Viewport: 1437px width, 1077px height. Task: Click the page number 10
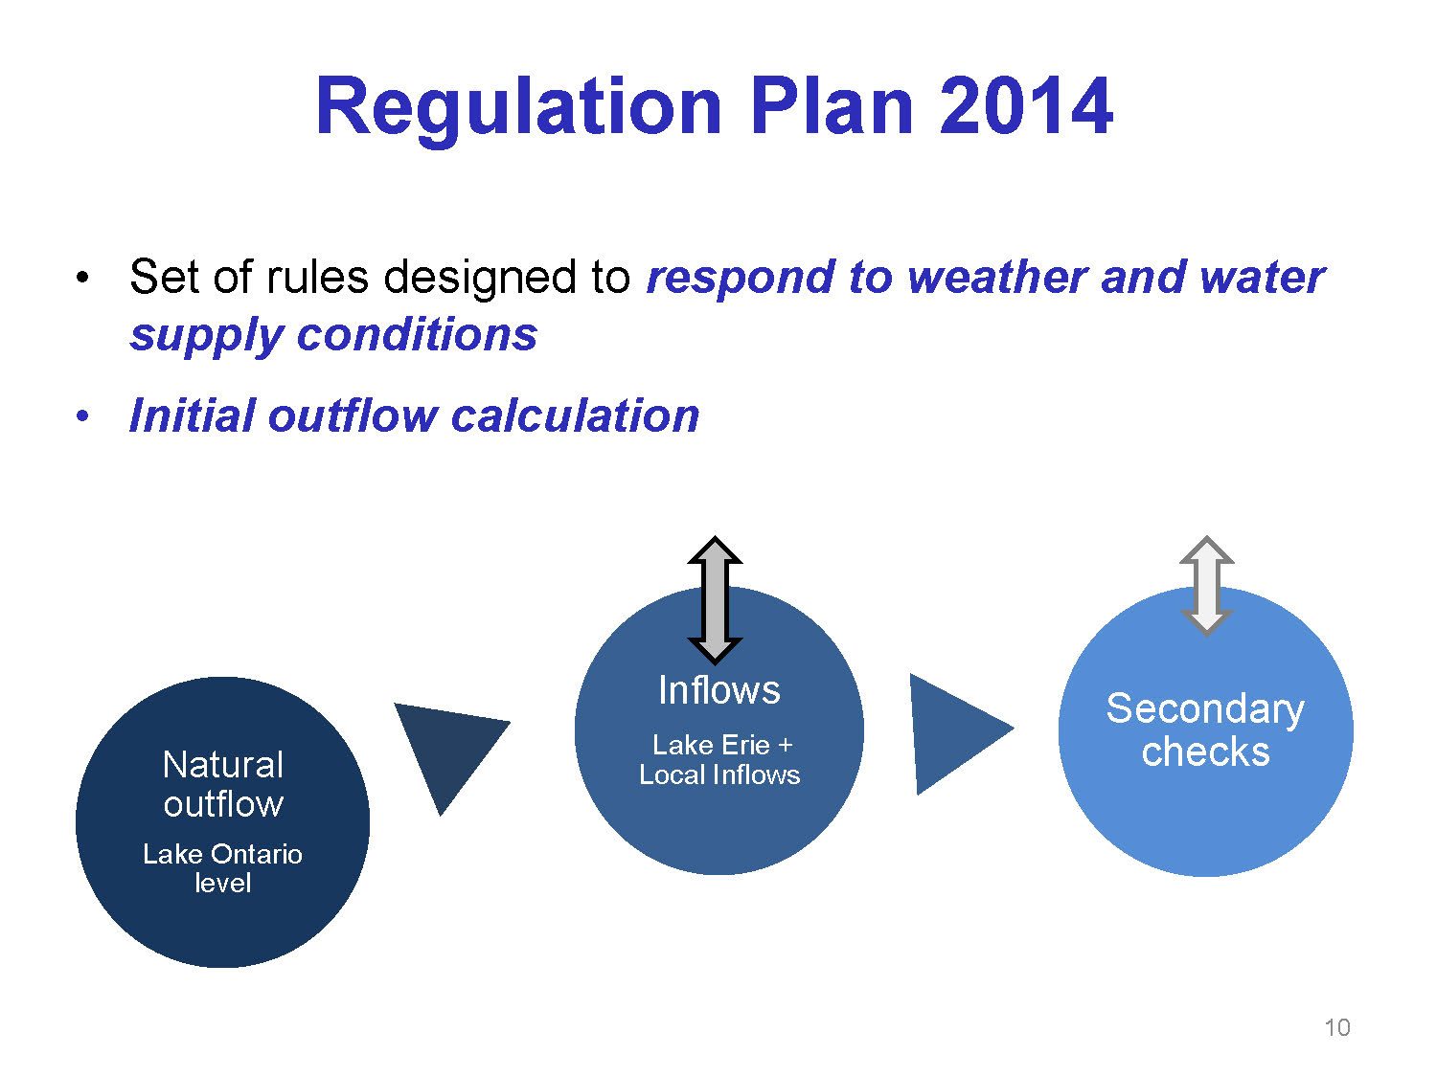[x=1336, y=1027]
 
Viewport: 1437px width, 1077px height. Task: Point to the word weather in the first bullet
[x=997, y=278]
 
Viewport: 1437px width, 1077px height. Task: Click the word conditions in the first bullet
[x=417, y=335]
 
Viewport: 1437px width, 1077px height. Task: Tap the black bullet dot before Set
[x=81, y=278]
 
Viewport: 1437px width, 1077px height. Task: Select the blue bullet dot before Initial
[x=81, y=415]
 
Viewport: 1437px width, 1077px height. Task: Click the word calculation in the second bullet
[x=576, y=415]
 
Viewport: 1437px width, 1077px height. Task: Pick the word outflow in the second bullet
[x=353, y=415]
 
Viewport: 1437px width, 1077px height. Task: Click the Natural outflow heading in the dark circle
[x=223, y=784]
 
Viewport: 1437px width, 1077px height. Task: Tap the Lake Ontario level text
[x=222, y=868]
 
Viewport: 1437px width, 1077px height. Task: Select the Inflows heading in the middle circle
[x=718, y=690]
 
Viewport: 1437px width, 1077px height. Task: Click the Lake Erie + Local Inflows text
[x=719, y=760]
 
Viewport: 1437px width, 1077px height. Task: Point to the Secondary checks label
[x=1205, y=729]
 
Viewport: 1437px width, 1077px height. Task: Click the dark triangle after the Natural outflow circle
[x=447, y=746]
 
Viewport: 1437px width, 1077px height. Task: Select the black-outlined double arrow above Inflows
[x=715, y=600]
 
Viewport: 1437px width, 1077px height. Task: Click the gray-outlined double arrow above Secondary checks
[x=1206, y=586]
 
